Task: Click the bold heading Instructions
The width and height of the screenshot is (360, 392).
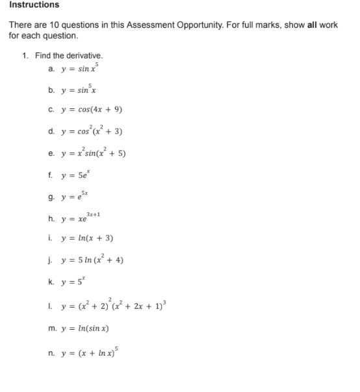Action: tap(34, 5)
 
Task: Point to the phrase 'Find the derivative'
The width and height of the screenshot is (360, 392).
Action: tap(68, 56)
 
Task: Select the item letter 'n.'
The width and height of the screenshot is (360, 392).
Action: tap(51, 353)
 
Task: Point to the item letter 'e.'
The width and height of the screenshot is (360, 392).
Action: tap(51, 154)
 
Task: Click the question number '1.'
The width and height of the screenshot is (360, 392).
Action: tap(25, 56)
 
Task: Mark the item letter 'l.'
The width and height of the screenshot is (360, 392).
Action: tap(51, 306)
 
